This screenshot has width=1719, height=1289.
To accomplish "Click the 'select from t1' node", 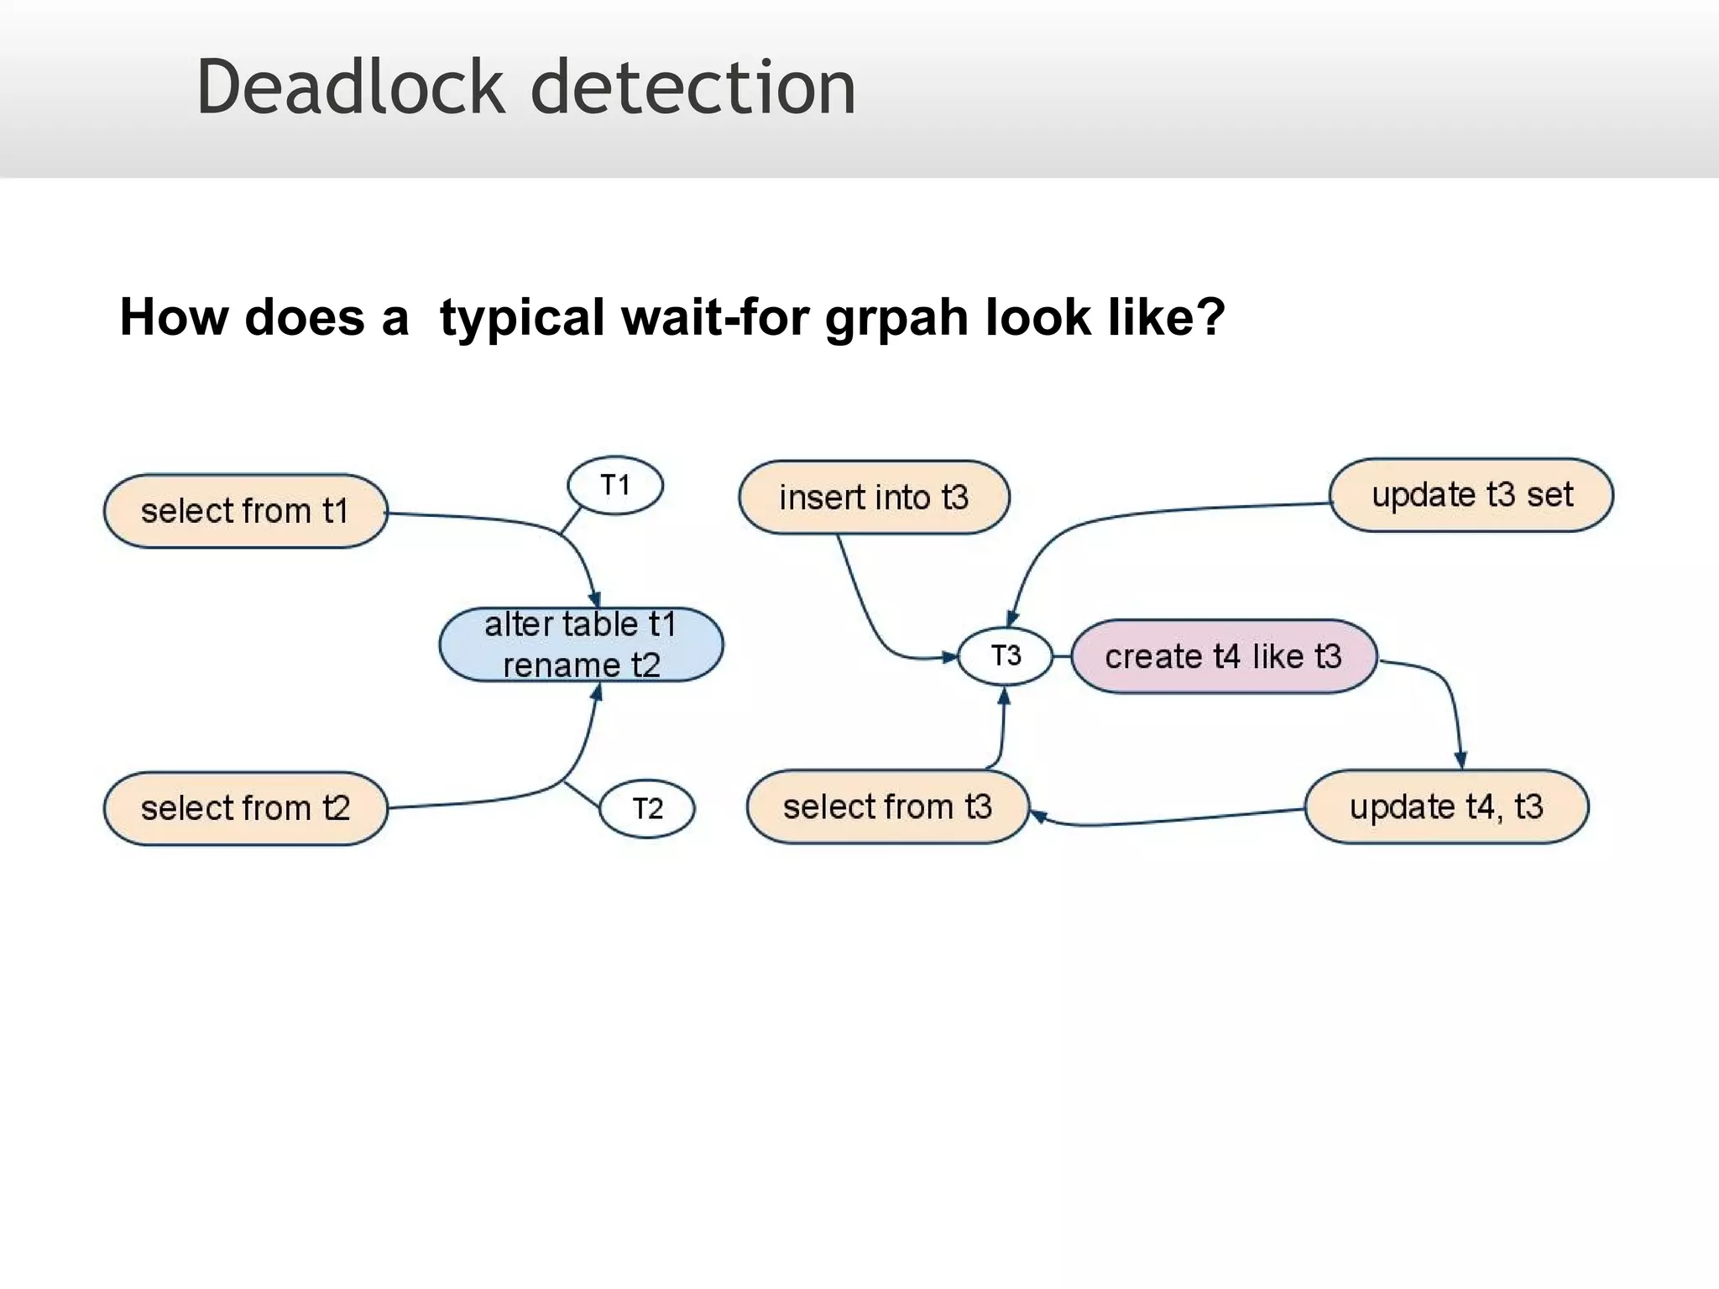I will click(x=245, y=511).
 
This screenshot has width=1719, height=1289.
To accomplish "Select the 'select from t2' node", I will click(x=245, y=808).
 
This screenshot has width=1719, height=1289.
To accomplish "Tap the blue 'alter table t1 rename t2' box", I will click(x=581, y=644).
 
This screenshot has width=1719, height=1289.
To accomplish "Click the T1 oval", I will click(x=615, y=485).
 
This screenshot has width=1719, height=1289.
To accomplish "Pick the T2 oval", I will click(x=647, y=808).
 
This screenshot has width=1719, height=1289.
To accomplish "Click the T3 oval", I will click(x=1006, y=655).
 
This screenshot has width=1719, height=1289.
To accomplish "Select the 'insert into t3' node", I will click(x=874, y=497).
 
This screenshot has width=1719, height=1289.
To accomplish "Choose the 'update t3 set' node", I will click(x=1471, y=495).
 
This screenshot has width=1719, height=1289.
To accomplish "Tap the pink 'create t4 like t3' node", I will click(x=1224, y=656).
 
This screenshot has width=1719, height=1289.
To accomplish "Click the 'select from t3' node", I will click(x=887, y=806).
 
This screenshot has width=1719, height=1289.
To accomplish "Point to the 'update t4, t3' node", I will click(x=1446, y=806).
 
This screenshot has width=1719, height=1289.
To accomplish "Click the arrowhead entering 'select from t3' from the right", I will click(x=1038, y=815).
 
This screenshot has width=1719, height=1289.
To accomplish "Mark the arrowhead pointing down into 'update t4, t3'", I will click(x=1460, y=761).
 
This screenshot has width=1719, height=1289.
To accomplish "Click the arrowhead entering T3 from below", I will click(x=1004, y=695).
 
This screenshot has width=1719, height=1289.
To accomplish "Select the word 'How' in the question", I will click(x=174, y=317).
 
